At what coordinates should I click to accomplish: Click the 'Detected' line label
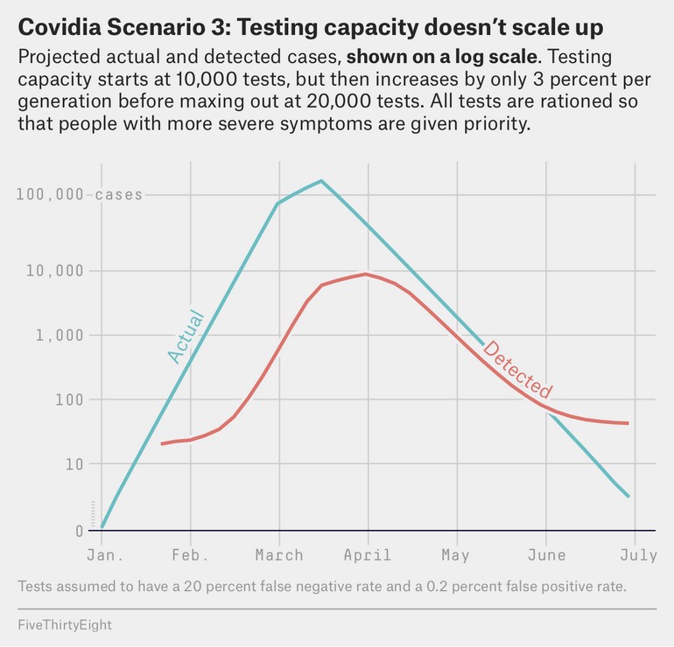[x=517, y=370]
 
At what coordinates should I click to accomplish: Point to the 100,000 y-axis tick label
[x=50, y=194]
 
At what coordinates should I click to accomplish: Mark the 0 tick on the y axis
[x=80, y=531]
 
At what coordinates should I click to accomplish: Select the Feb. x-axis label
[x=190, y=555]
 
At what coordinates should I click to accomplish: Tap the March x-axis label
[x=279, y=555]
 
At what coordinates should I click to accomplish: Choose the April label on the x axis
[x=368, y=555]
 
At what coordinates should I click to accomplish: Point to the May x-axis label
[x=455, y=555]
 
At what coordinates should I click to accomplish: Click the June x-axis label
[x=546, y=555]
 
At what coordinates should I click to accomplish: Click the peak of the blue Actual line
[x=321, y=181]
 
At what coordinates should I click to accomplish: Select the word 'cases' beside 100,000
[x=118, y=194]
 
